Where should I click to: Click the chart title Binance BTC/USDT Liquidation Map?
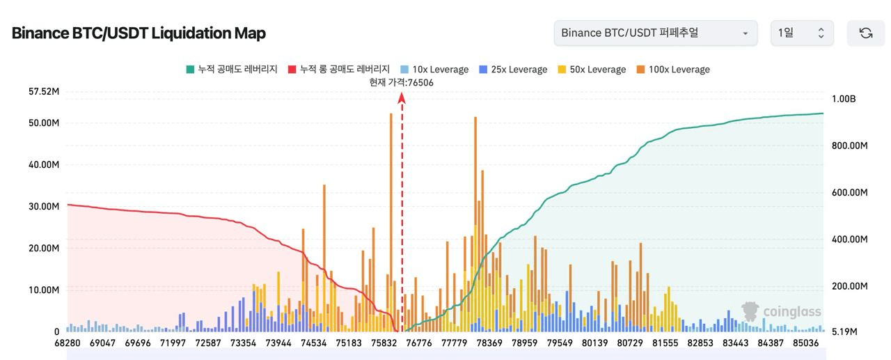click(139, 33)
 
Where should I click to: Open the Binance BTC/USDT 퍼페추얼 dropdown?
click(655, 33)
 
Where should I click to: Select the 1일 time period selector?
click(801, 33)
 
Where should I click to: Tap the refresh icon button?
click(865, 33)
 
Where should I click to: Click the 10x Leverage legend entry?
click(434, 70)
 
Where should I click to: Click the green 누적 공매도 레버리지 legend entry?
click(232, 70)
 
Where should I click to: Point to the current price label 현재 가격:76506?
click(402, 82)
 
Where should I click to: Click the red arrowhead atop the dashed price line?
click(402, 98)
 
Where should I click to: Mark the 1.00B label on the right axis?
click(844, 99)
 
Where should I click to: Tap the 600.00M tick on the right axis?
click(849, 192)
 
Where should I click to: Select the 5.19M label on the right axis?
click(844, 332)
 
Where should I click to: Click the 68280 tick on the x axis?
click(68, 343)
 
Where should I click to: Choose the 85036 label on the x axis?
click(805, 343)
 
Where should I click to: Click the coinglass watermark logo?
click(782, 311)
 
